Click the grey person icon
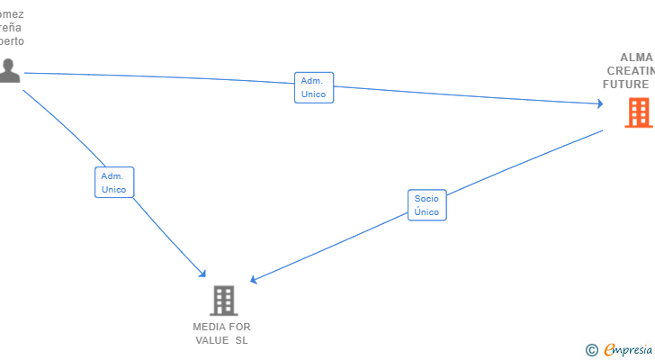9,70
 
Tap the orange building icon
638,112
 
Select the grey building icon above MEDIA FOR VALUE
223,301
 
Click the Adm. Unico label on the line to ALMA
313,87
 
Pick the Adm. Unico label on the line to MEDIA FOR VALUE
114,183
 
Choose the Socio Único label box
426,205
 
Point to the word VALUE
214,340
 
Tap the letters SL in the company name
241,340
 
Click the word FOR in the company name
240,327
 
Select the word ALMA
636,57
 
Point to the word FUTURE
625,85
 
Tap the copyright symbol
591,349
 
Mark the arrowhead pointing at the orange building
599,104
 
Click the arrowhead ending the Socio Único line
254,281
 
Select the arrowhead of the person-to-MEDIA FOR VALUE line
203,274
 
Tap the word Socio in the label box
426,198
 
